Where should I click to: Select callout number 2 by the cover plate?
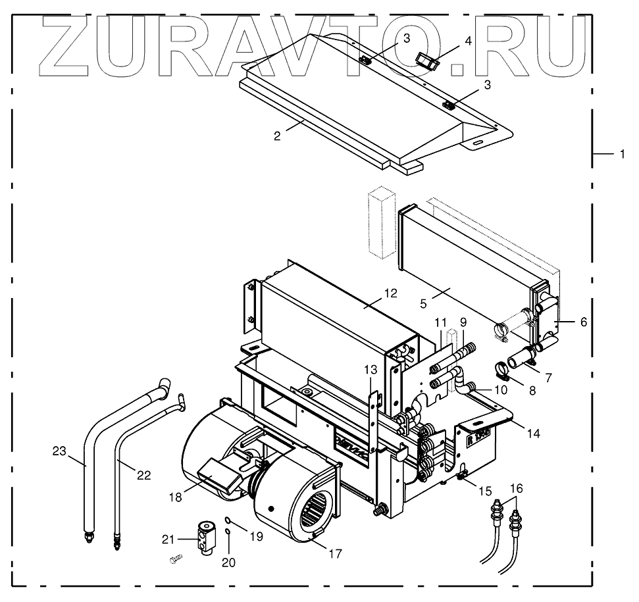point(278,136)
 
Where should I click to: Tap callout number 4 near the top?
point(468,41)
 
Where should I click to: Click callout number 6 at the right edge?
point(584,322)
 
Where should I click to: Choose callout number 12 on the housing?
point(391,293)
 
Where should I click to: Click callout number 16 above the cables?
point(517,488)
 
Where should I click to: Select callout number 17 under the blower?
point(334,554)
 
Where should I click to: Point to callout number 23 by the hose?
point(59,451)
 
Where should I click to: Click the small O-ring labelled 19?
point(227,520)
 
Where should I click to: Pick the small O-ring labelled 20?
point(227,532)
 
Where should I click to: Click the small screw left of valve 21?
point(174,560)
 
